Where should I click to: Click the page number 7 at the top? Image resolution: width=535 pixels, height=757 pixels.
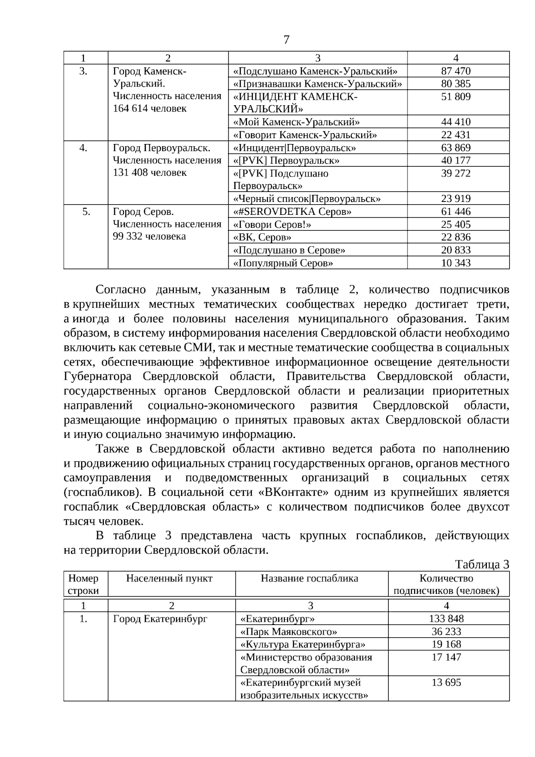tap(286, 40)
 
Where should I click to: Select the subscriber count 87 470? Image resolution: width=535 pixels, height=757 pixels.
tap(456, 71)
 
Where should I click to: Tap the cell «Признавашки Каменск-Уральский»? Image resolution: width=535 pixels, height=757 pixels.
tap(317, 84)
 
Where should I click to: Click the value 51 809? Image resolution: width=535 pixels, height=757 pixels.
tap(456, 97)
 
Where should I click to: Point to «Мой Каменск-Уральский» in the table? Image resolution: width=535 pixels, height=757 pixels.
tap(296, 122)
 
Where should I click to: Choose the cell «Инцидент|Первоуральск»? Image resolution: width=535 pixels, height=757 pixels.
tap(295, 148)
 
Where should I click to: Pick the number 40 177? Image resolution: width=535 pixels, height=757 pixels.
tap(456, 160)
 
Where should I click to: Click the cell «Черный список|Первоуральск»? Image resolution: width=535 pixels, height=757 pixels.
tap(307, 199)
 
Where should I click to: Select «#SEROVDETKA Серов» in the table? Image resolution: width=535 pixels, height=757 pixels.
tap(292, 212)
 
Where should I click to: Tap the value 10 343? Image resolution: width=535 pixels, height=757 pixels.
tap(456, 263)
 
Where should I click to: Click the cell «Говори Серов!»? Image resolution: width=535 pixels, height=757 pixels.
tap(272, 225)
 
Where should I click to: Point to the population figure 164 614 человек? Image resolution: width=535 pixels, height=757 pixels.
tap(150, 108)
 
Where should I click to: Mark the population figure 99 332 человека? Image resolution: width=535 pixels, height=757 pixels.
tap(149, 236)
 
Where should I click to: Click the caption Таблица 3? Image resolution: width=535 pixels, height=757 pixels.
tap(482, 564)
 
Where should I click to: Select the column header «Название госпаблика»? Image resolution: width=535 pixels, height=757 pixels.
tap(309, 579)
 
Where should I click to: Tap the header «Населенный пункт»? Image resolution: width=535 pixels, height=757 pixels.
tap(169, 579)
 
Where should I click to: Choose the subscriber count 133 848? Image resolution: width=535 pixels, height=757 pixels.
tap(446, 619)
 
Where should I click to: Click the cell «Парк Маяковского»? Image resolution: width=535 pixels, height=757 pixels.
tap(288, 632)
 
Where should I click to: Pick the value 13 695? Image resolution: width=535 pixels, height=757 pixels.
tap(446, 683)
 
